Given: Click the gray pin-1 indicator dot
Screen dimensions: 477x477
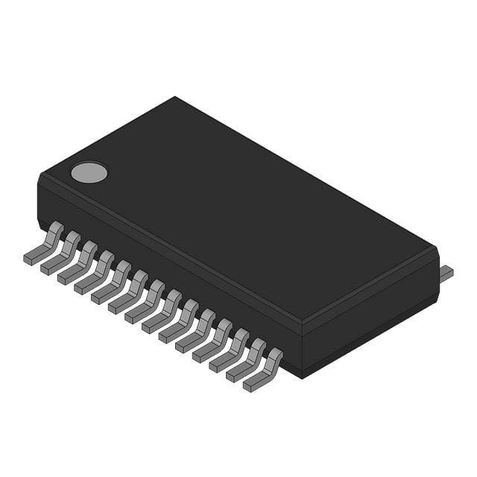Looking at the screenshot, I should coord(89,173).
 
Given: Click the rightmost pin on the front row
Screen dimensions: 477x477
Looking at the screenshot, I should coord(262,373).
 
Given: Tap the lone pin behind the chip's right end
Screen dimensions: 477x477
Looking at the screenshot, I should coord(446,274).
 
